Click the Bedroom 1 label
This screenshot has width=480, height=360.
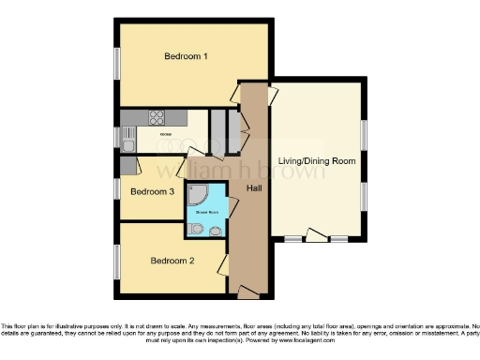186,56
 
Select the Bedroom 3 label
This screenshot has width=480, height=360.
152,192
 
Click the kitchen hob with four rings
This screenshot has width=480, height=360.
156,118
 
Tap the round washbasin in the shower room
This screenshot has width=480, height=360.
217,231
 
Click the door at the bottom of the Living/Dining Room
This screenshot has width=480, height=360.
316,234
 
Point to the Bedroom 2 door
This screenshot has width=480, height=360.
224,266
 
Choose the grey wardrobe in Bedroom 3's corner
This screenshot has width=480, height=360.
127,166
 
